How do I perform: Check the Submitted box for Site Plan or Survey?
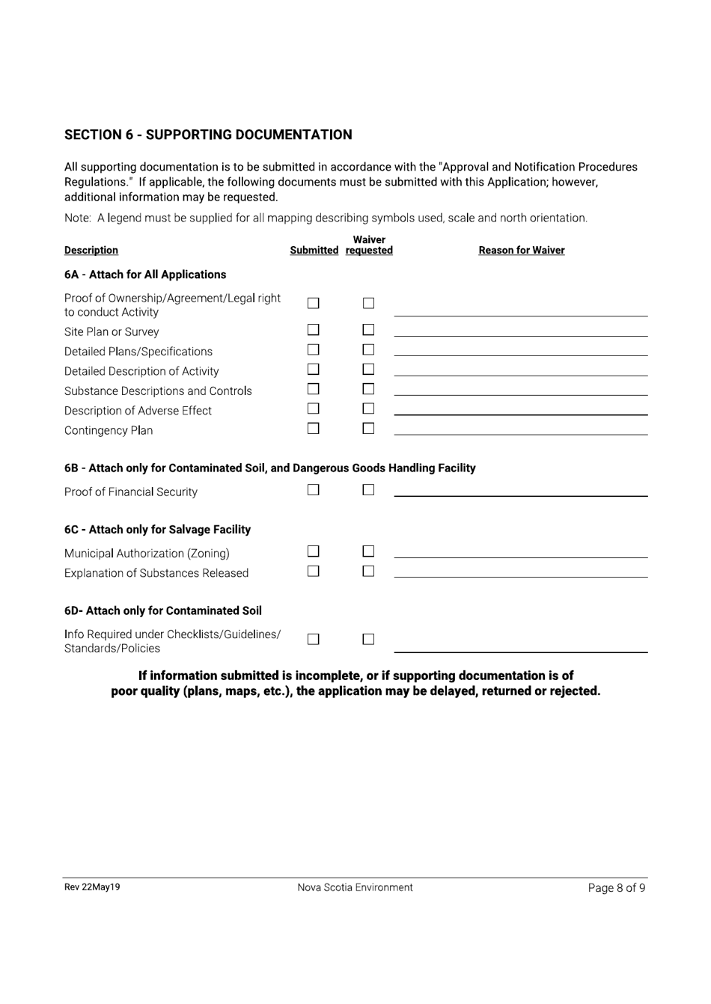pyautogui.click(x=314, y=330)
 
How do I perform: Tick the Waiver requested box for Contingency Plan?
pyautogui.click(x=368, y=429)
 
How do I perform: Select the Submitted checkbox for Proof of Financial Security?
pyautogui.click(x=314, y=490)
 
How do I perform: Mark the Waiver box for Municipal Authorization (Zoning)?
pyautogui.click(x=368, y=551)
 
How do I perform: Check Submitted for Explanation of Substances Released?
pyautogui.click(x=314, y=571)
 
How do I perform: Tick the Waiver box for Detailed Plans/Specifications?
pyautogui.click(x=368, y=349)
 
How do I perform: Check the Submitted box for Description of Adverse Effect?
pyautogui.click(x=314, y=408)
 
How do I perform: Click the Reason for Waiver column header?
pyautogui.click(x=522, y=251)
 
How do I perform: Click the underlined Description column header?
pyautogui.click(x=91, y=251)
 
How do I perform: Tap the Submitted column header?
pyautogui.click(x=314, y=251)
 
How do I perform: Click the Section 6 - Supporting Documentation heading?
pyautogui.click(x=208, y=135)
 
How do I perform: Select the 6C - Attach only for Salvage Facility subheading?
pyautogui.click(x=157, y=530)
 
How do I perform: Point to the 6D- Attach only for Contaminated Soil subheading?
pyautogui.click(x=163, y=610)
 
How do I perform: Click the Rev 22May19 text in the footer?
pyautogui.click(x=92, y=887)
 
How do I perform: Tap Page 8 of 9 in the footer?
pyautogui.click(x=617, y=888)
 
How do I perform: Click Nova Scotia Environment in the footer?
pyautogui.click(x=355, y=888)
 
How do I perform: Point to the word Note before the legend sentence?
pyautogui.click(x=77, y=218)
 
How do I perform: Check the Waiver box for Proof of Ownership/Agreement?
pyautogui.click(x=368, y=303)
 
